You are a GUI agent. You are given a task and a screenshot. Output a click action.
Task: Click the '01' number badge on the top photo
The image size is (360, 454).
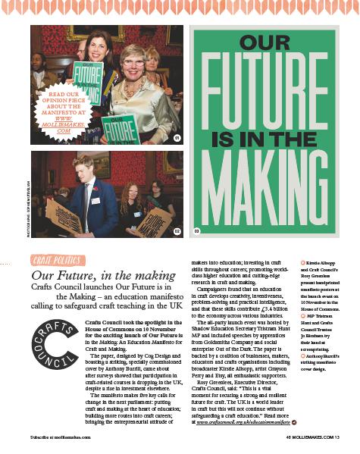(177, 138)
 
